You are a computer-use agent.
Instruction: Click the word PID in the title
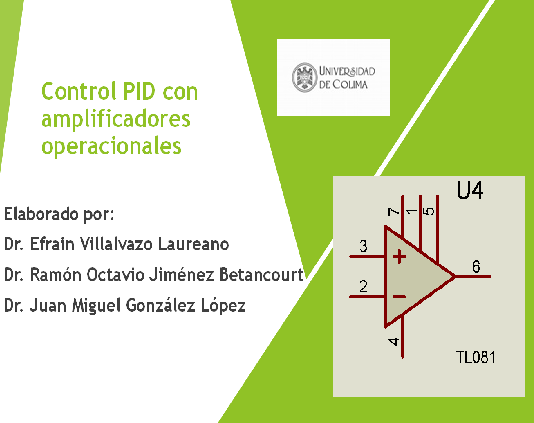point(139,91)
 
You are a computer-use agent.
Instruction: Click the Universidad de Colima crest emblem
point(305,77)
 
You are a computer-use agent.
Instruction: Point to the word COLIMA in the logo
point(350,84)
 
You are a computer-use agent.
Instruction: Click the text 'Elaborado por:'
point(59,214)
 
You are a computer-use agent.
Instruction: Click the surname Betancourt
point(261,275)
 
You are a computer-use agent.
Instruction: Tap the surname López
point(223,305)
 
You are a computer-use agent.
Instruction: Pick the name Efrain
point(52,244)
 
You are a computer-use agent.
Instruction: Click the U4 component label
point(470,190)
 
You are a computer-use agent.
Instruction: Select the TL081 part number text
point(476,357)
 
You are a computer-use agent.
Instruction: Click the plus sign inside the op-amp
point(399,257)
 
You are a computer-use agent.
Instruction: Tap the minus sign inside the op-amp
point(399,297)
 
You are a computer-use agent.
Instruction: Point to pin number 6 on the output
point(476,266)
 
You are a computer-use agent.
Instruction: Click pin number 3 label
point(363,246)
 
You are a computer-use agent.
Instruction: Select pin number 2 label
point(363,287)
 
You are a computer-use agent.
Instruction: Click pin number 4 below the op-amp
point(394,341)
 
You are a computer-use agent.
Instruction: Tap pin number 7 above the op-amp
point(394,212)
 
